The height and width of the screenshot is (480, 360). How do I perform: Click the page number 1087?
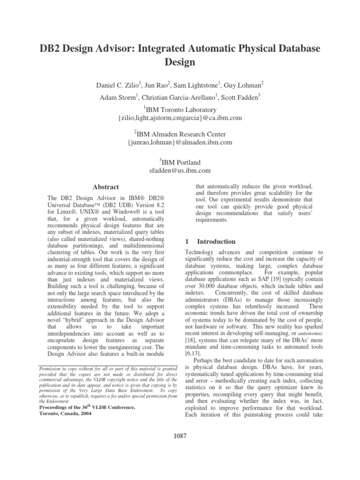point(180,436)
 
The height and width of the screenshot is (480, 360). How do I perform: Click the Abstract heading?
point(105,187)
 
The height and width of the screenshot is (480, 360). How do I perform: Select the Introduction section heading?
point(216,241)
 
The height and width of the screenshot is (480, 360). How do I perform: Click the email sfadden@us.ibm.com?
point(180,171)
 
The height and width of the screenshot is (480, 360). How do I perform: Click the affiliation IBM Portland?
point(181,162)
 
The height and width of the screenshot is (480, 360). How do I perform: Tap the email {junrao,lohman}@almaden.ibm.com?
point(180,142)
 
